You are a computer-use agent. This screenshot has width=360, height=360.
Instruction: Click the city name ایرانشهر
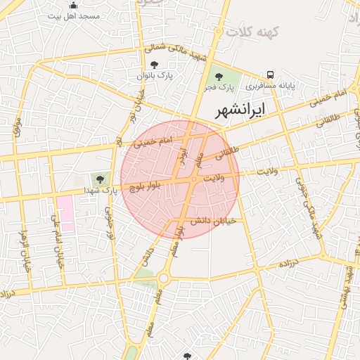pyautogui.click(x=240, y=110)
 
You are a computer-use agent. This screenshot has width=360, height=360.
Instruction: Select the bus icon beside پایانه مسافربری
pyautogui.click(x=270, y=75)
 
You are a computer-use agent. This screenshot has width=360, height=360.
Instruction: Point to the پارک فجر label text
pyautogui.click(x=219, y=87)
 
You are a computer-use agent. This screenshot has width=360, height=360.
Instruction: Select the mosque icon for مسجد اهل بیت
pyautogui.click(x=73, y=6)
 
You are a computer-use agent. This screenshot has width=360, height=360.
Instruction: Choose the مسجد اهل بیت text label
pyautogui.click(x=73, y=15)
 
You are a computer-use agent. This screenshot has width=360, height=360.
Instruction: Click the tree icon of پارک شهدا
pyautogui.click(x=99, y=179)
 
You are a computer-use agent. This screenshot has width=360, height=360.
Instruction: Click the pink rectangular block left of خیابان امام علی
pyautogui.click(x=65, y=214)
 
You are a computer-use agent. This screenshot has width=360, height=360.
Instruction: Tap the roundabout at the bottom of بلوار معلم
pyautogui.click(x=164, y=278)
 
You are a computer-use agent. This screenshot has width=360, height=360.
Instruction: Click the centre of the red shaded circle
pyautogui.click(x=180, y=179)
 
